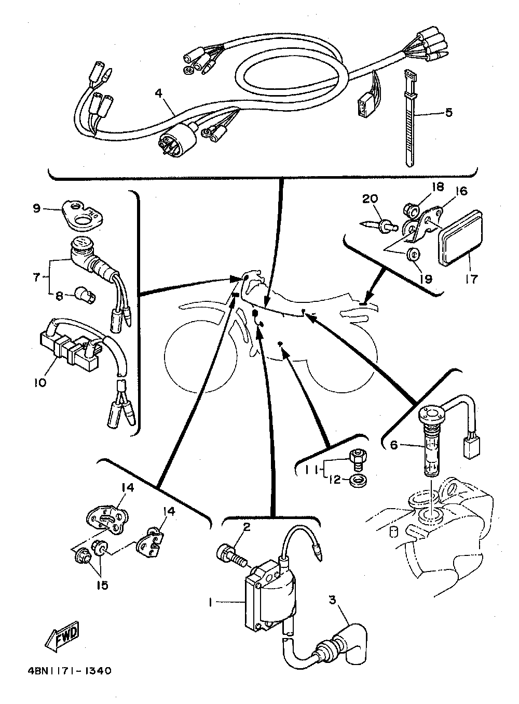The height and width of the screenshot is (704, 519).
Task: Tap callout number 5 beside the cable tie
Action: pyautogui.click(x=448, y=112)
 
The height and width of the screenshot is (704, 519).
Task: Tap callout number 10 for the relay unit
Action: pyautogui.click(x=40, y=382)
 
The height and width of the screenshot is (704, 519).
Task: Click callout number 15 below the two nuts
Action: pyautogui.click(x=102, y=585)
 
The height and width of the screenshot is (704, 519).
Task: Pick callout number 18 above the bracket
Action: pyautogui.click(x=434, y=187)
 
